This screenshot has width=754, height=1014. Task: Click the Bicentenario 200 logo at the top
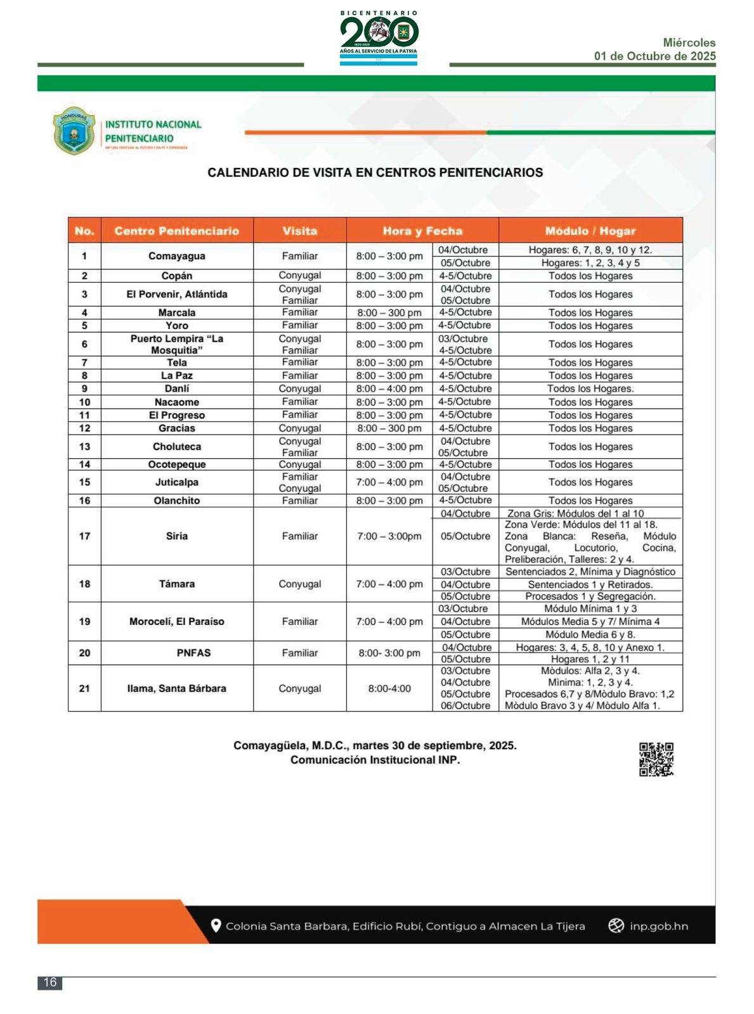click(x=379, y=37)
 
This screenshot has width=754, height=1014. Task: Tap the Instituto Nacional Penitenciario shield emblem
click(x=74, y=131)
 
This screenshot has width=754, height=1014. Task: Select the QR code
click(x=656, y=759)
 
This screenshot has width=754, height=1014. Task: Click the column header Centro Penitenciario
click(x=176, y=231)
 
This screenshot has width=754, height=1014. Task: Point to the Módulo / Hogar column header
click(x=590, y=231)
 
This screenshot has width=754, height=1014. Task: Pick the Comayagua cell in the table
click(x=176, y=256)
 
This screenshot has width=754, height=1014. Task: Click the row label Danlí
click(x=176, y=388)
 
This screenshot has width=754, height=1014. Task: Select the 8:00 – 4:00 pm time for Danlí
click(x=389, y=388)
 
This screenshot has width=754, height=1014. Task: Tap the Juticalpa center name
click(x=176, y=482)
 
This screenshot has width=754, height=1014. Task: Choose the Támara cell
click(x=176, y=584)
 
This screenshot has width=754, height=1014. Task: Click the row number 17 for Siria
click(x=84, y=536)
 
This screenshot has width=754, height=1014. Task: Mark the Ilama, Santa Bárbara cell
click(x=176, y=688)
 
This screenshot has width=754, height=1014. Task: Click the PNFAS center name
click(x=193, y=653)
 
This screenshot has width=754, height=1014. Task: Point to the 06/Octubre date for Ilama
click(x=465, y=705)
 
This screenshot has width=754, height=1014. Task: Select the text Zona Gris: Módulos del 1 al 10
click(x=575, y=513)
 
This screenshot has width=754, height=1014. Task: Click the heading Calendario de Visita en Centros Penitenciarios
click(x=375, y=172)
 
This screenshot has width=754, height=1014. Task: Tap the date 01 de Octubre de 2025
click(x=654, y=56)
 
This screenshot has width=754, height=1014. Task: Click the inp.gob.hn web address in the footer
click(x=658, y=926)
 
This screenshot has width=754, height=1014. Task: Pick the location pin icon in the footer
click(x=216, y=926)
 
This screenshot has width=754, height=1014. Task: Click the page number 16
click(x=49, y=982)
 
